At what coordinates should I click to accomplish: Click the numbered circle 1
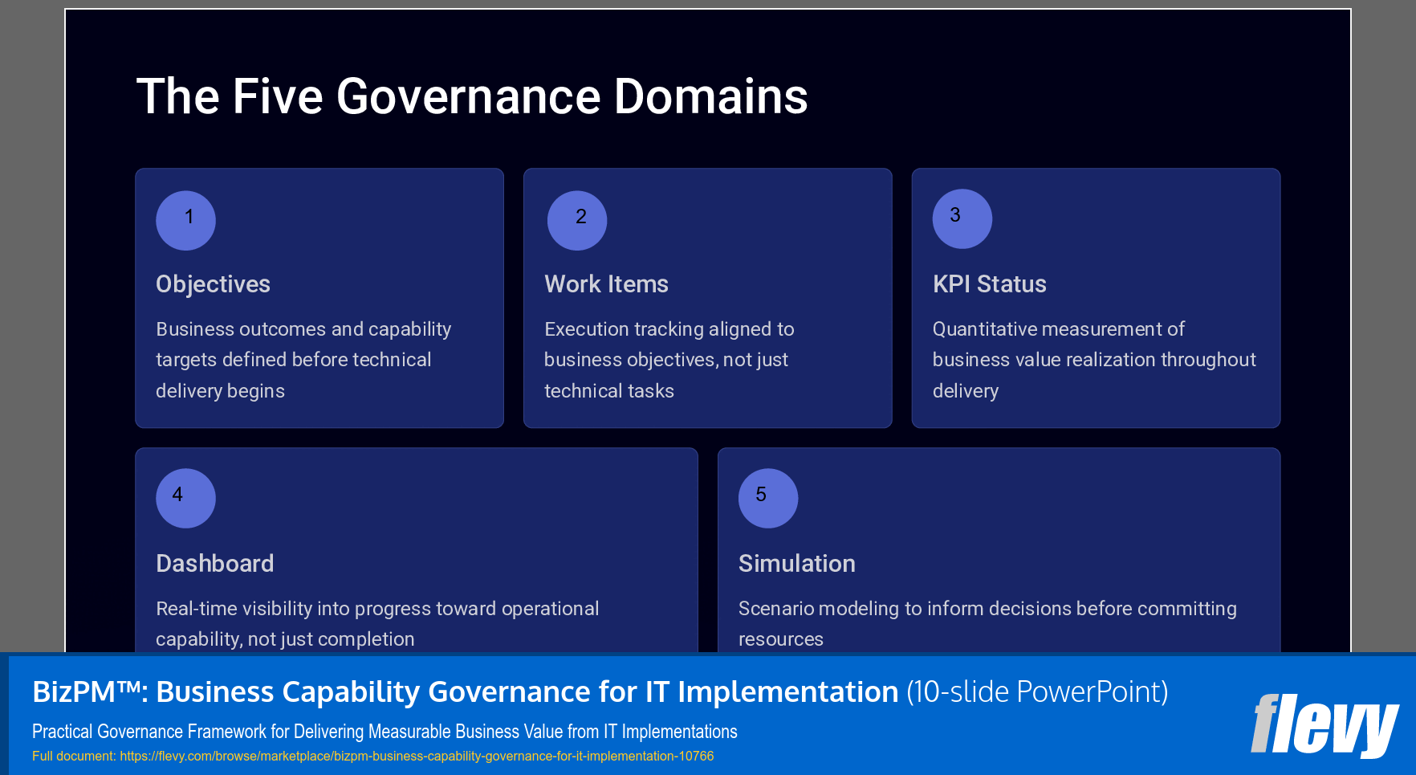tap(185, 220)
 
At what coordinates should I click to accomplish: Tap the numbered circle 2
tap(577, 220)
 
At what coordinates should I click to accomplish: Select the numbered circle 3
tap(962, 218)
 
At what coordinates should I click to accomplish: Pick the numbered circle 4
tap(185, 498)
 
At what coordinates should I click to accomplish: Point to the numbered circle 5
tap(767, 498)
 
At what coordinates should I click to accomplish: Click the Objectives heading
tap(213, 284)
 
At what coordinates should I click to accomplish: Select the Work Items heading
tap(606, 284)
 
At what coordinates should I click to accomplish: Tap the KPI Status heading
tap(989, 284)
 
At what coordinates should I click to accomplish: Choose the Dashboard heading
tap(214, 564)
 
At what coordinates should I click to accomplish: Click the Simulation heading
tap(796, 564)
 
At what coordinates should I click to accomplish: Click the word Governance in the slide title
tap(468, 97)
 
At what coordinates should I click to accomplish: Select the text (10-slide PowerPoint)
tap(1036, 692)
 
